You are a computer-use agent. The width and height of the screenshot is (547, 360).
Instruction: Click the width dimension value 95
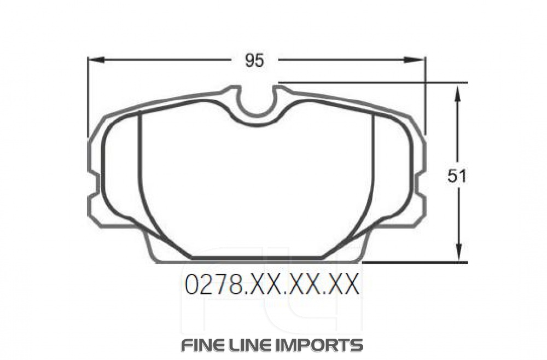pos(254,61)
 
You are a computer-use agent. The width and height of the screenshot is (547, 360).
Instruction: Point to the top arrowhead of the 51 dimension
pos(458,91)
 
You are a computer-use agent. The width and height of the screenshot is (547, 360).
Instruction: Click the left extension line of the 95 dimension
pos(88,98)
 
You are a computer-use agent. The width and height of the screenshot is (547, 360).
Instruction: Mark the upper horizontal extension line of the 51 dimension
pos(383,83)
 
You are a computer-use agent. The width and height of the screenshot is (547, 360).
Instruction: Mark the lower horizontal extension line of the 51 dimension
pos(416,263)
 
